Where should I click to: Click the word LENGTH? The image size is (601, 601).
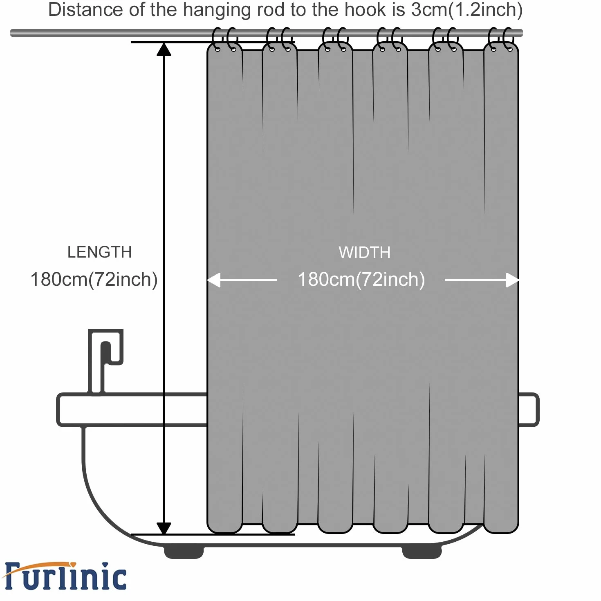[99, 252]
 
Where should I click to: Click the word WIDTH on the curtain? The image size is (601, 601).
[364, 252]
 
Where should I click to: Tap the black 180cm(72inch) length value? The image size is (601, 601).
[94, 280]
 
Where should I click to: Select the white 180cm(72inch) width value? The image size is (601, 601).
[361, 280]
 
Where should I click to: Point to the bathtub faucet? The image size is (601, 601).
[105, 361]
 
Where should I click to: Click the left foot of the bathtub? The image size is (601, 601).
[184, 552]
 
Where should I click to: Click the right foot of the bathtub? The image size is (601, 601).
[422, 552]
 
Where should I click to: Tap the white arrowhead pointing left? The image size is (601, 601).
[214, 280]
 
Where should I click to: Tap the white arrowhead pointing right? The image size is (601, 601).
[512, 280]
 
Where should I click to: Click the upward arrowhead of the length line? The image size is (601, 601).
[164, 49]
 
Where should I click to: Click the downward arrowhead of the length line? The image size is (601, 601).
[164, 528]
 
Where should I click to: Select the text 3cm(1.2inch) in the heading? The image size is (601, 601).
[466, 10]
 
